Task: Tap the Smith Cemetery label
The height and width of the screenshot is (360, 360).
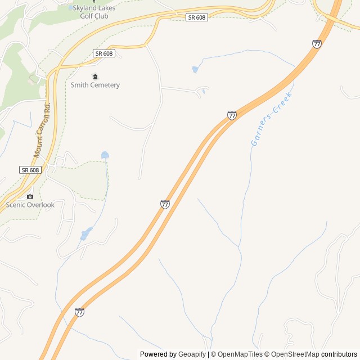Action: click(95, 85)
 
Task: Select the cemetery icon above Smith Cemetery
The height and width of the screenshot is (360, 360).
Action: click(95, 76)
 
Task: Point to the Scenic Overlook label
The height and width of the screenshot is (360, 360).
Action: click(30, 205)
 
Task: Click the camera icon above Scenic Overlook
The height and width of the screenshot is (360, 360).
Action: click(30, 196)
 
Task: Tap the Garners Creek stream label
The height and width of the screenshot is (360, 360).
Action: click(272, 118)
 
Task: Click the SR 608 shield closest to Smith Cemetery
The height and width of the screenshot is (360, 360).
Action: click(104, 53)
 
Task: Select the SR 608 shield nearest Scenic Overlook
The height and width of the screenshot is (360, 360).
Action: click(30, 170)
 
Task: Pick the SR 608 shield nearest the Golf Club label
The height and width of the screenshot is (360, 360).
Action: click(196, 17)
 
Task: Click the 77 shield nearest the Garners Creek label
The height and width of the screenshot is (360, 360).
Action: click(232, 115)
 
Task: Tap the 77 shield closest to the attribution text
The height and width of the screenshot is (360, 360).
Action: click(79, 312)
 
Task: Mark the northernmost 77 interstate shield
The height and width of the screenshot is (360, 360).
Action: click(317, 44)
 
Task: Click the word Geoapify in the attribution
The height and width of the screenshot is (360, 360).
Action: click(192, 354)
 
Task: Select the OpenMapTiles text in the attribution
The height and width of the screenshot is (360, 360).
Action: click(239, 354)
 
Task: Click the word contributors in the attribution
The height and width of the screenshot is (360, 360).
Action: click(339, 354)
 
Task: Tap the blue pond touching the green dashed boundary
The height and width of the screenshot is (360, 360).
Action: click(105, 155)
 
